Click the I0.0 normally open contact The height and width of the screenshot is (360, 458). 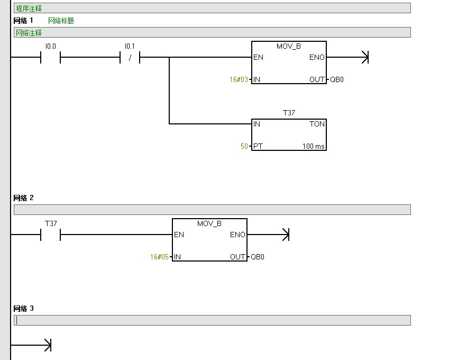51,57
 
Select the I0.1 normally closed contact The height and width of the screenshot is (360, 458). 130,57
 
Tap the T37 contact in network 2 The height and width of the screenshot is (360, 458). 51,235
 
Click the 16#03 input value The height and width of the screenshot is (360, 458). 239,80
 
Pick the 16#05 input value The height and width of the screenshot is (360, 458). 159,257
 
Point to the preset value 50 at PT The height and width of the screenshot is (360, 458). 244,146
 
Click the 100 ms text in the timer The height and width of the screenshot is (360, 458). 314,146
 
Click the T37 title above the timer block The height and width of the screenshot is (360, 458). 289,113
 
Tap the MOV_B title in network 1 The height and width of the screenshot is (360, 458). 289,47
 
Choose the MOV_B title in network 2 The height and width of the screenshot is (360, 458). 209,224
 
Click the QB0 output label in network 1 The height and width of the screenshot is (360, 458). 337,80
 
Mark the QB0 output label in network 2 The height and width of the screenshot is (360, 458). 258,257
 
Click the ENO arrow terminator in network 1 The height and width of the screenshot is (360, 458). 364,57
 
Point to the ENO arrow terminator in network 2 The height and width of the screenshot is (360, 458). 286,235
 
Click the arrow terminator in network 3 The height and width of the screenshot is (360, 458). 47,346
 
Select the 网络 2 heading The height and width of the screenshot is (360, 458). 23,198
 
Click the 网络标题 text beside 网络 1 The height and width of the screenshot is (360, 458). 61,21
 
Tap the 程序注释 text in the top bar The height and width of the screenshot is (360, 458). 29,8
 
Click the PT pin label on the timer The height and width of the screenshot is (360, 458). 258,146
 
